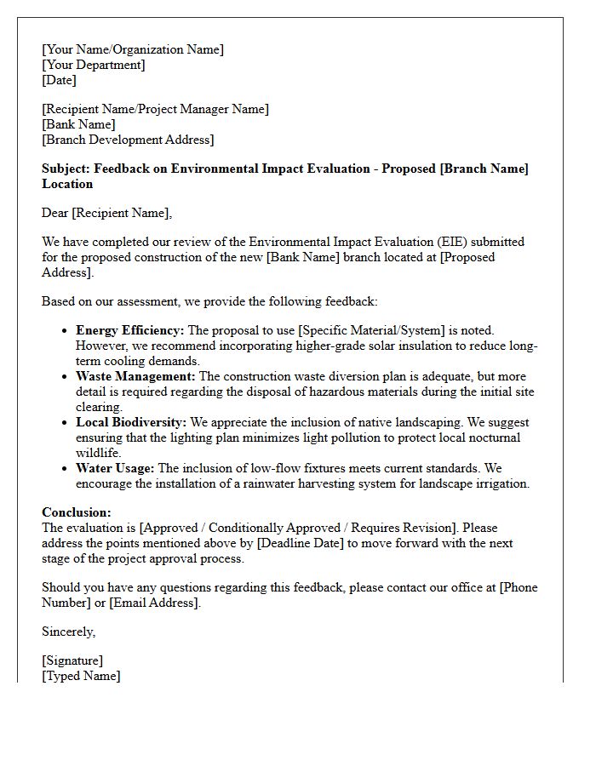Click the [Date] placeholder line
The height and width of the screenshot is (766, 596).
tap(59, 80)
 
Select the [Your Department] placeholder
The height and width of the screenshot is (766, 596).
tap(94, 65)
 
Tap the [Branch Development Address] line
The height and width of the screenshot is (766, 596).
tap(128, 140)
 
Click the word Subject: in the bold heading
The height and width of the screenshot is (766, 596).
tap(66, 169)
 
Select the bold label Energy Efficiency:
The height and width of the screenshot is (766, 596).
tap(129, 330)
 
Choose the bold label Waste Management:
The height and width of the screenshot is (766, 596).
tap(135, 376)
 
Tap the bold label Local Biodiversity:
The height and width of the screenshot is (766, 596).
tap(131, 422)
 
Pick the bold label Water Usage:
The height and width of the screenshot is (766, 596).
tap(115, 468)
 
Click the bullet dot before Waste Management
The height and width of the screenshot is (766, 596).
tap(66, 377)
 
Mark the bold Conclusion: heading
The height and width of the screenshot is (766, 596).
tap(77, 512)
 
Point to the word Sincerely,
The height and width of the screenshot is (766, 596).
tap(69, 632)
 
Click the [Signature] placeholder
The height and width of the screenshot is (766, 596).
tap(72, 660)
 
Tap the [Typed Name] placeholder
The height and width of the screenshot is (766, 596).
tap(81, 676)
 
